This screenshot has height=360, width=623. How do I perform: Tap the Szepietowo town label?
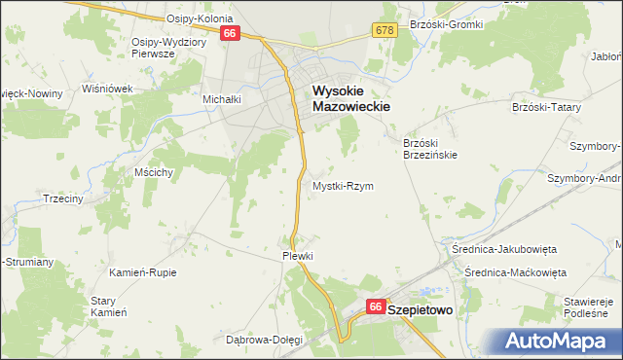tap(423, 307)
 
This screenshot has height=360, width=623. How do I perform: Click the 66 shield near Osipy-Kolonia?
tap(230, 33)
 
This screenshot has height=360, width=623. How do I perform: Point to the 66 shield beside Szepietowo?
tap(376, 306)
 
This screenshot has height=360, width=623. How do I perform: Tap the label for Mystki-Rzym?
tap(343, 185)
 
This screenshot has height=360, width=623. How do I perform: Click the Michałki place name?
tap(221, 99)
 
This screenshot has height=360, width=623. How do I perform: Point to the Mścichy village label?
tap(155, 172)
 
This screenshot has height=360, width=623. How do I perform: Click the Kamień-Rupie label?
tap(143, 272)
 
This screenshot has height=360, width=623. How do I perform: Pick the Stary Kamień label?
tap(109, 306)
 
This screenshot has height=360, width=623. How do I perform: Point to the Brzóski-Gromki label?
tap(447, 23)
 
